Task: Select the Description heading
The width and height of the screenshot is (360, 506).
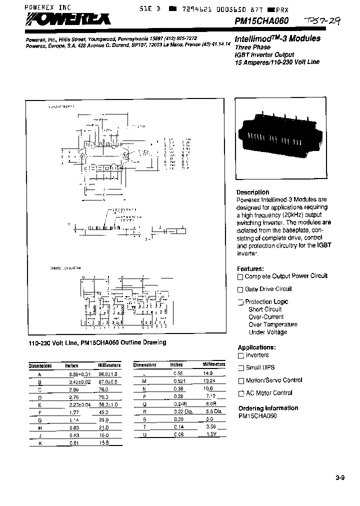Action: [253, 192]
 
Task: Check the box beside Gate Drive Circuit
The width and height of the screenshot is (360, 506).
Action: [240, 289]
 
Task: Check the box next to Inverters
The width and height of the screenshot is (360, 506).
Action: [240, 355]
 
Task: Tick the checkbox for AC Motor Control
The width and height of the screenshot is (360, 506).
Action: [240, 393]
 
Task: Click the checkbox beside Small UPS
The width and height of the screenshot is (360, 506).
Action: [240, 368]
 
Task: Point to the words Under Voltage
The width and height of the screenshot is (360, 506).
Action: [267, 332]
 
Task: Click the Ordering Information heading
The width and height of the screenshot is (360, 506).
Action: [268, 408]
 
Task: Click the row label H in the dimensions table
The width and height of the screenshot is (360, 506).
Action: [39, 427]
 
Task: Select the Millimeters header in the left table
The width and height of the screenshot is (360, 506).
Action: [110, 365]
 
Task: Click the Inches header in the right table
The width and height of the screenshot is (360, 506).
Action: [176, 365]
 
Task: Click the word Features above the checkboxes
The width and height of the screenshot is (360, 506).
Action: [250, 268]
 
